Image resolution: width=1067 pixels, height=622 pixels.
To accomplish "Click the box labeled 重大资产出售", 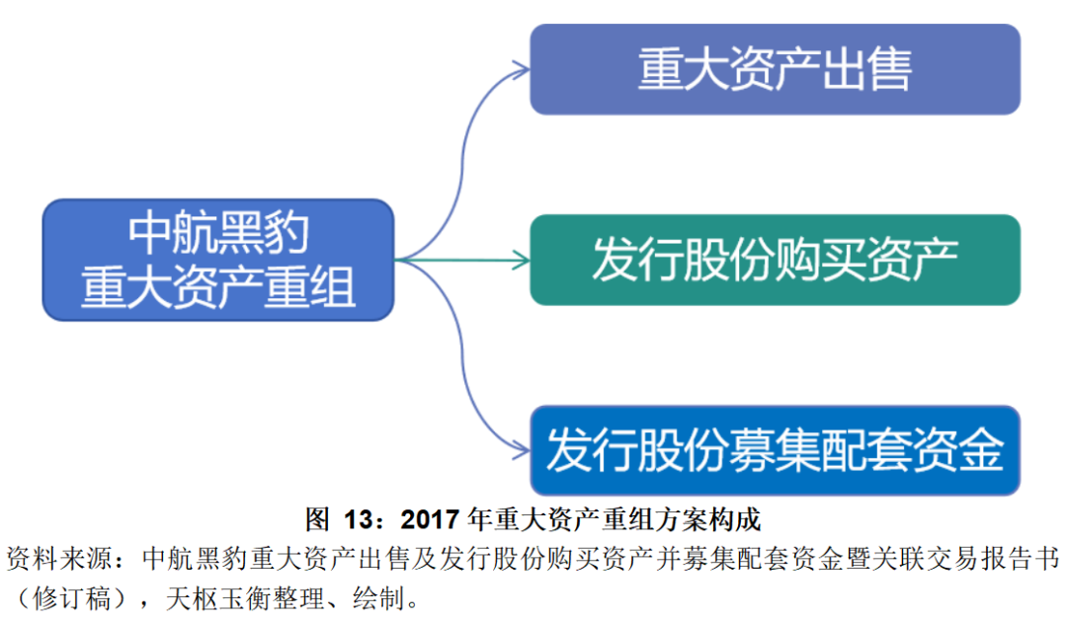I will pos(775,69).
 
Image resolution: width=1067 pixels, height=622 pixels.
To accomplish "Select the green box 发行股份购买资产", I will pos(775,260).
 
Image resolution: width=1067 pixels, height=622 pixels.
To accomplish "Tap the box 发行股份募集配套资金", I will pos(775,450).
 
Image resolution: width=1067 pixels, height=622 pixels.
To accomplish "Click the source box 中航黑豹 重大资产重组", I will pos(217,260).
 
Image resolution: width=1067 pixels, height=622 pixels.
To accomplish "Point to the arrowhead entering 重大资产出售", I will pos(521,68).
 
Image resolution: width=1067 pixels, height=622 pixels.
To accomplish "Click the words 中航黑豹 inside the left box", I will pos(218,235).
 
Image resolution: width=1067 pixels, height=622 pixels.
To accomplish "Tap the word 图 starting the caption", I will pos(316,518).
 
